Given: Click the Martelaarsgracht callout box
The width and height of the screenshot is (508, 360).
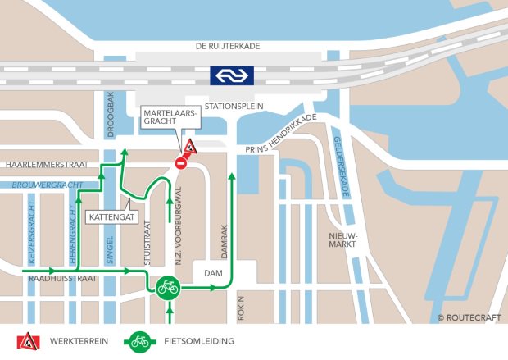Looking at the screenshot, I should click(170, 116).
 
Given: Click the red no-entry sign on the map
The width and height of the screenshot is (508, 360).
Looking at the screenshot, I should click(181, 164).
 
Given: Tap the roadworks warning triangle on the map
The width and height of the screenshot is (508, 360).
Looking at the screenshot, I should click(190, 148).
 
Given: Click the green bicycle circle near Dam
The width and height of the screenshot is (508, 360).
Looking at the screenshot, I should click(167, 288).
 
